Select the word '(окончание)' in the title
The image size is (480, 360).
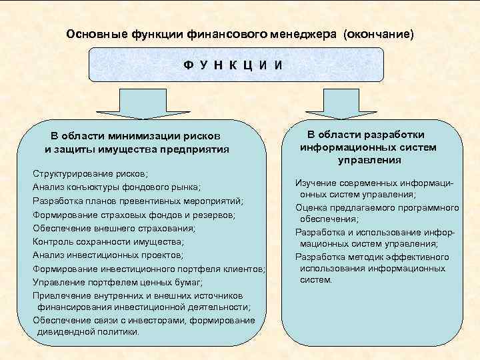(x=378, y=33)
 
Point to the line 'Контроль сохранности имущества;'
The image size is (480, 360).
(x=107, y=241)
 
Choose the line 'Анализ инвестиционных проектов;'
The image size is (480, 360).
(x=107, y=255)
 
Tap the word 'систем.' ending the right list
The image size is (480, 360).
(x=316, y=280)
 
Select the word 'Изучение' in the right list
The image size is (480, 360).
(x=314, y=183)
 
